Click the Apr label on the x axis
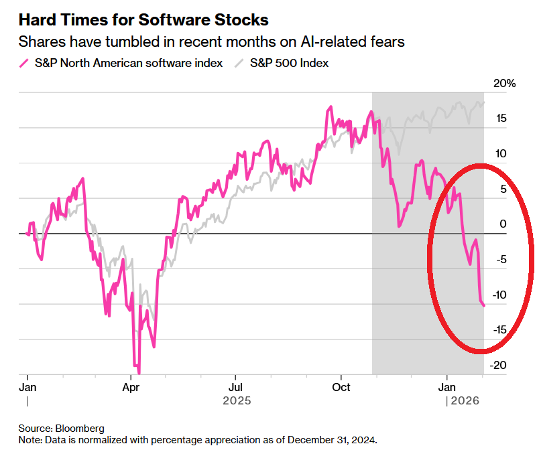tap(131, 387)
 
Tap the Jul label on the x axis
tap(235, 387)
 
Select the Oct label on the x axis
tap(342, 387)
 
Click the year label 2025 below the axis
tap(235, 400)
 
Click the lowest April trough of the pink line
tap(139, 372)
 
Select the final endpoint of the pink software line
tap(484, 305)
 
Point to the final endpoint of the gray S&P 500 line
tap(484, 102)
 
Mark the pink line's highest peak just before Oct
tap(331, 107)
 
